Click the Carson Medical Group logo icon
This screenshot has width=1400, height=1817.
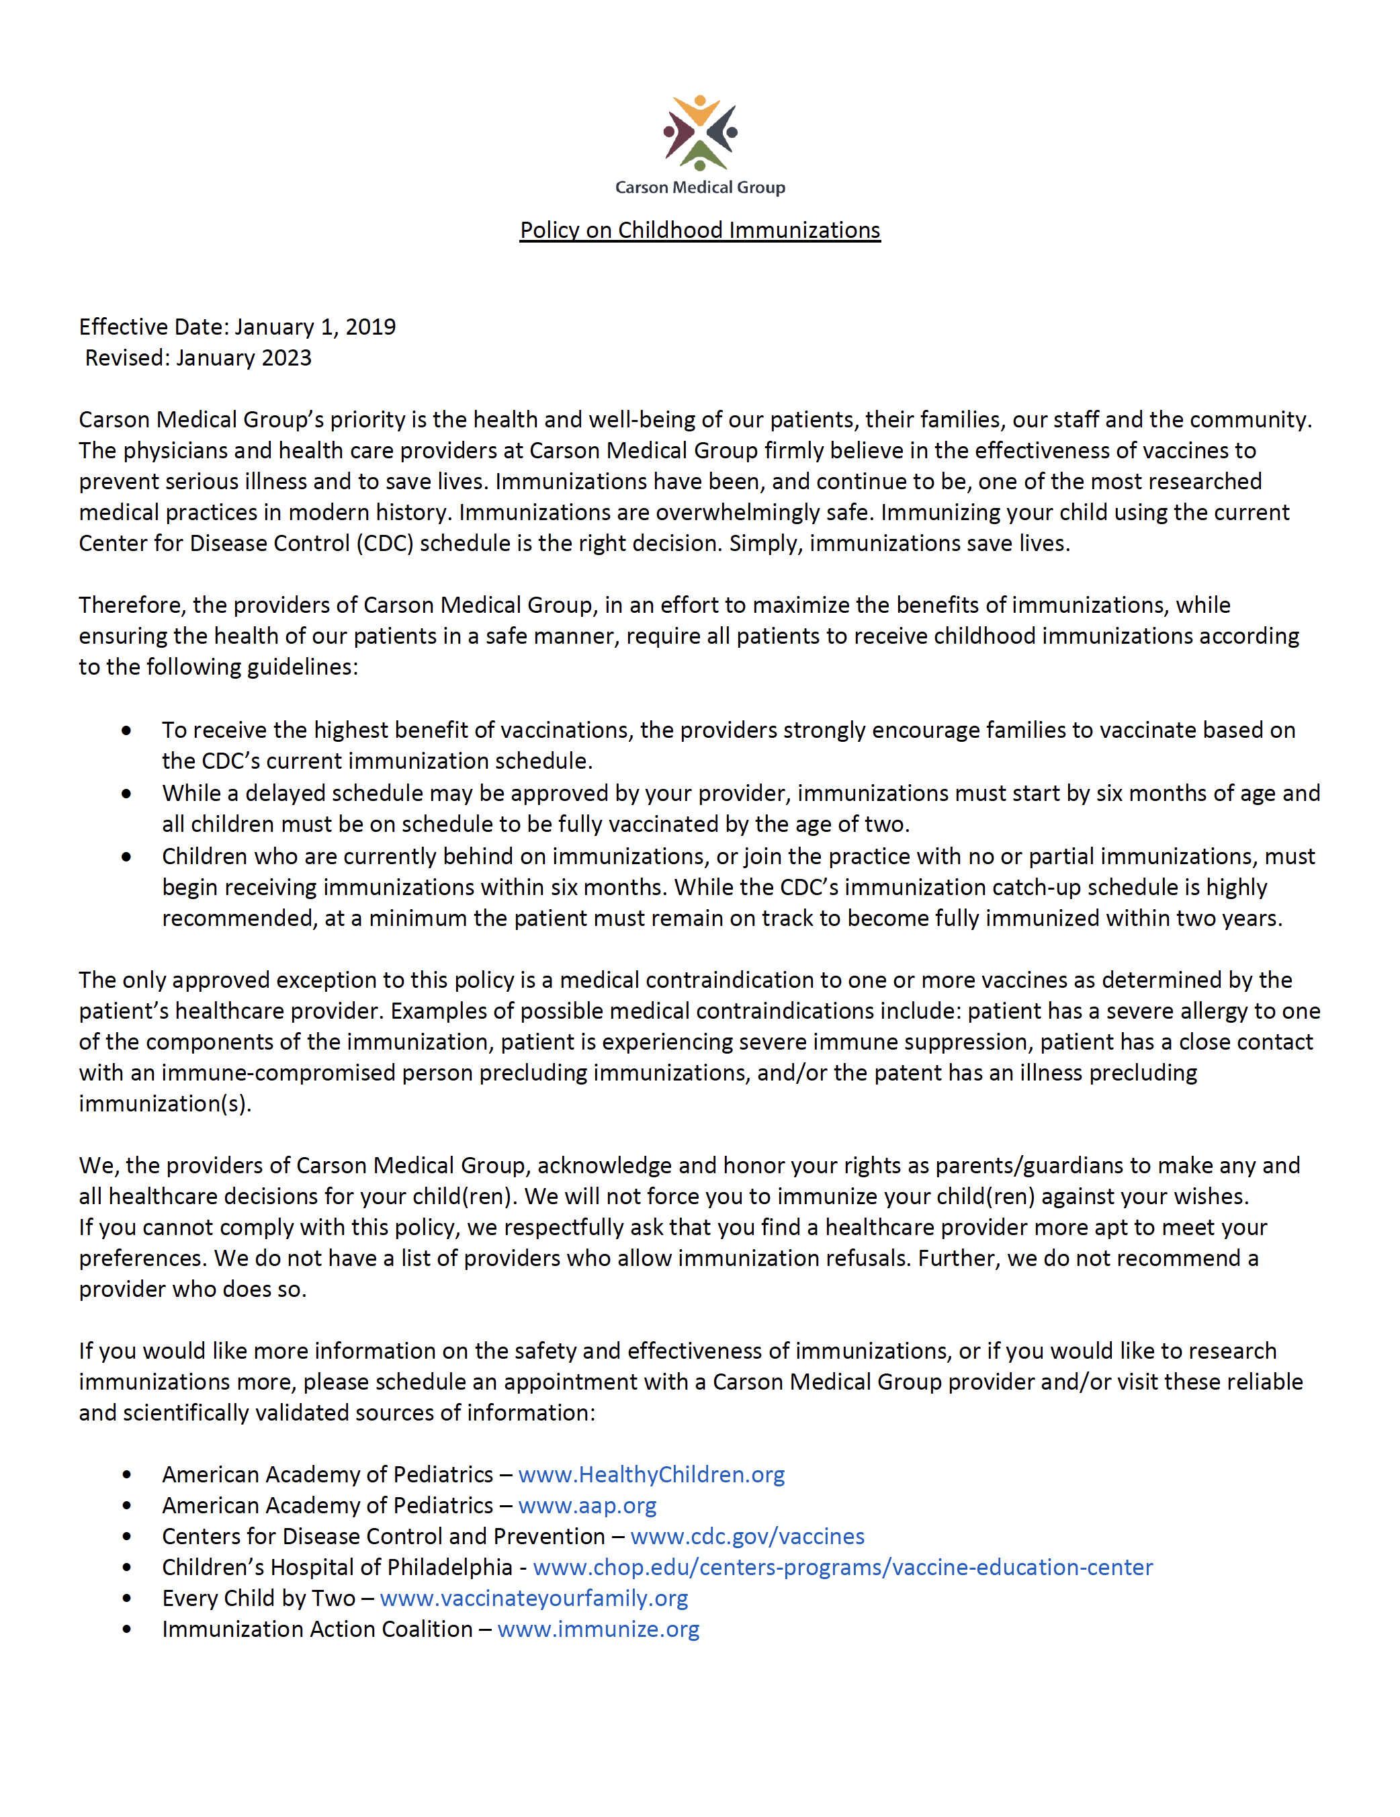click(699, 133)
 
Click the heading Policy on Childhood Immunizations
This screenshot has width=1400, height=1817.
click(699, 230)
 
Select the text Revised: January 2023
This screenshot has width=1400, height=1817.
click(198, 357)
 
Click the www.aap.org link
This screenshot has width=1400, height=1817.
click(586, 1505)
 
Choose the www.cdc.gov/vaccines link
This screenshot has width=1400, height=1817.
click(747, 1536)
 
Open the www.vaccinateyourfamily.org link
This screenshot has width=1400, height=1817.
click(533, 1597)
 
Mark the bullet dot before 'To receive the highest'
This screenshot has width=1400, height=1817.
click(126, 730)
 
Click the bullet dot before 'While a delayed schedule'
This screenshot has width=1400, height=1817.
click(126, 794)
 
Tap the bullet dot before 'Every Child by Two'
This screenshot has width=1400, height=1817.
click(126, 1598)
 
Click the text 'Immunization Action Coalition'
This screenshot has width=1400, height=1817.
click(317, 1629)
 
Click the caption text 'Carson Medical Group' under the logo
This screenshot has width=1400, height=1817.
click(699, 187)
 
